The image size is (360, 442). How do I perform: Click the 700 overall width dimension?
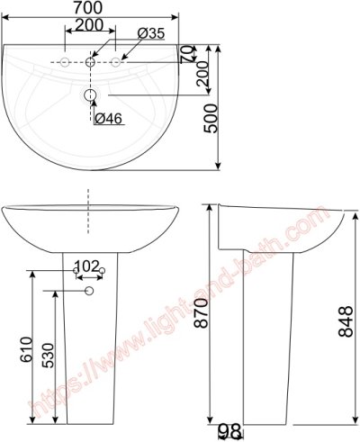[x=90, y=8]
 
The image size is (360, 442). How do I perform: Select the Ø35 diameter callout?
[x=151, y=33]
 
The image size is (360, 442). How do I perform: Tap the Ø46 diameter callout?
[x=108, y=119]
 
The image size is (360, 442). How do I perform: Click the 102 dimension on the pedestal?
[x=86, y=266]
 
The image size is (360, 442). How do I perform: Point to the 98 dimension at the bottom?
[x=229, y=433]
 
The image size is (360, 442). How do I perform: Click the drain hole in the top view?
[x=91, y=95]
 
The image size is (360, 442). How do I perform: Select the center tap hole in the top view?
[x=91, y=62]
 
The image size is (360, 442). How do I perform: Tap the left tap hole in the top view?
[x=66, y=62]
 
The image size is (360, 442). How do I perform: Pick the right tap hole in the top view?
[x=116, y=62]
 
